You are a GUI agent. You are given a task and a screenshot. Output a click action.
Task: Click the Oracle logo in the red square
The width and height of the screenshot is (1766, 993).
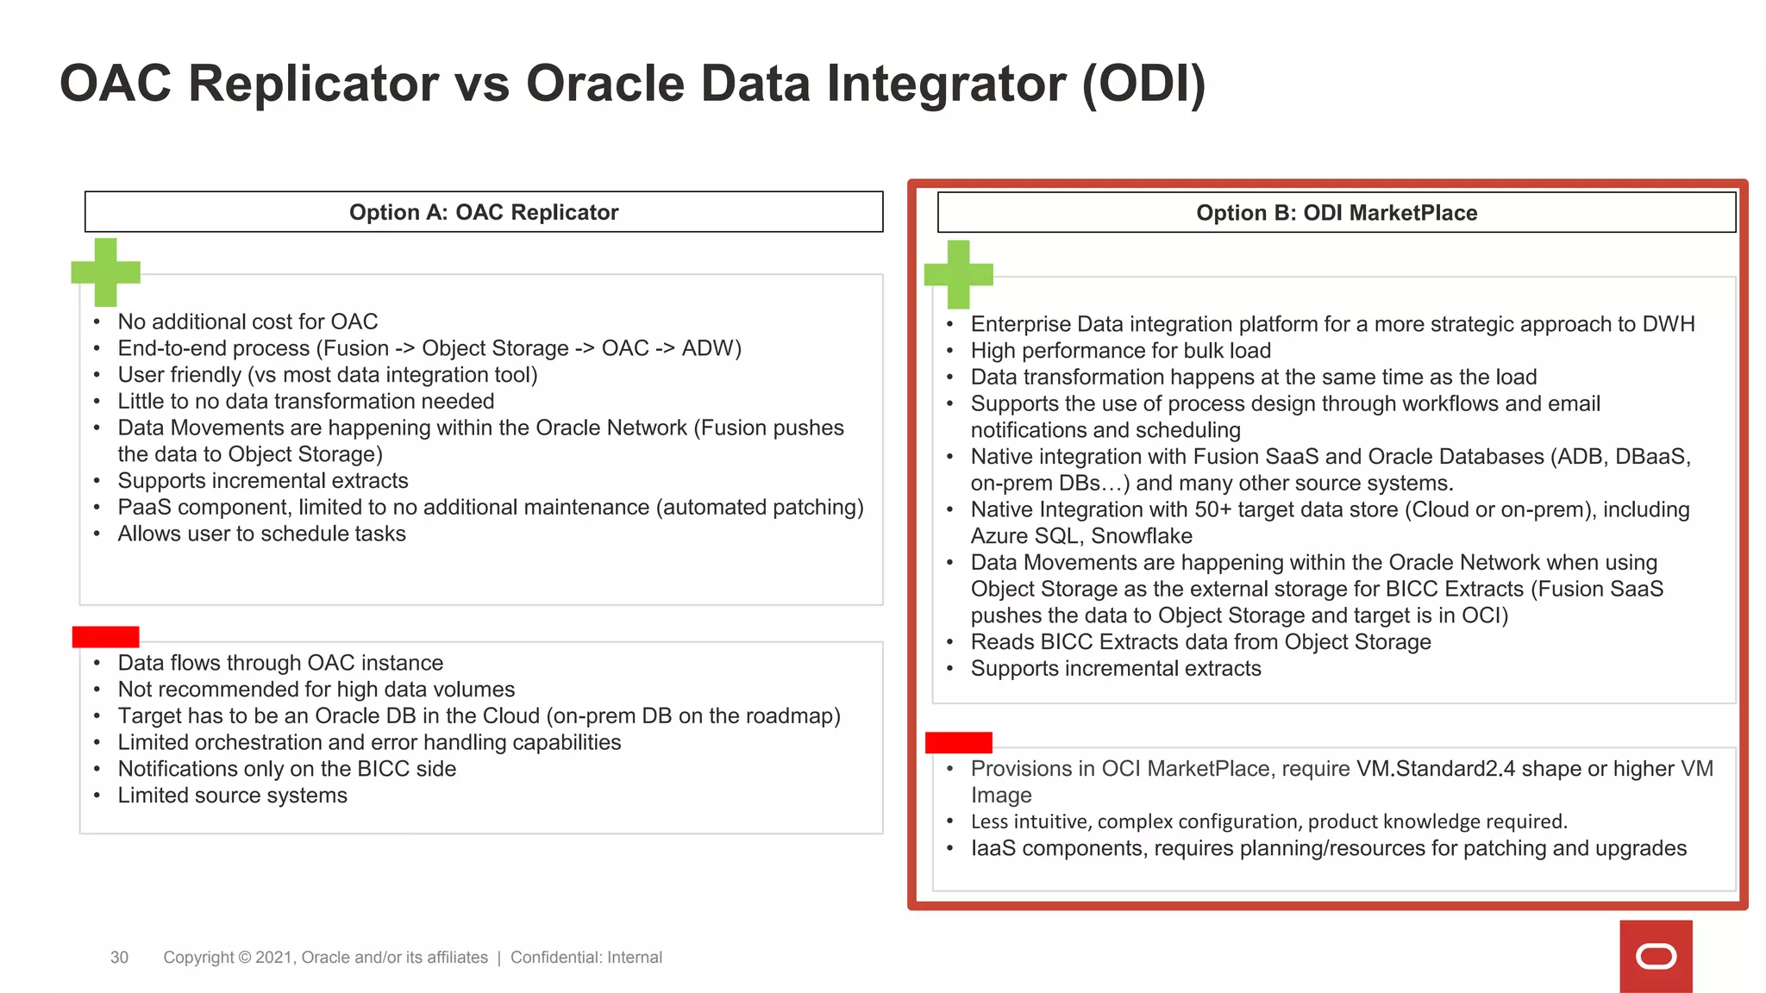(1656, 957)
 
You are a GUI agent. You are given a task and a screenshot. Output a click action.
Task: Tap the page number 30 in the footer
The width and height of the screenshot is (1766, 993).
(119, 958)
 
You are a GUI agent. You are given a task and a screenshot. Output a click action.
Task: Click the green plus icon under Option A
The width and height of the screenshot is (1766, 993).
(105, 272)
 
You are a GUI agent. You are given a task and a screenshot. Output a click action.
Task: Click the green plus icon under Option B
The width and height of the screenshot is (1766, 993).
(958, 274)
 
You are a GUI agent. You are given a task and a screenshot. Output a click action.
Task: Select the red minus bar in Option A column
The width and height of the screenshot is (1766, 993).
(105, 637)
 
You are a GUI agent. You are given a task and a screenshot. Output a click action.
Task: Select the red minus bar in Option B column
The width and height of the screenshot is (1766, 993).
(958, 742)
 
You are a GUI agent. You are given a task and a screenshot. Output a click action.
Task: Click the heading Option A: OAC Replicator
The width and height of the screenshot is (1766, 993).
(483, 212)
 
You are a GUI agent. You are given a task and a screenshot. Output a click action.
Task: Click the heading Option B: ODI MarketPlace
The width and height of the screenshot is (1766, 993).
(1336, 213)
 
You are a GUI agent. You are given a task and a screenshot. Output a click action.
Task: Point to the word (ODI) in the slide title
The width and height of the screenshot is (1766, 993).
(1143, 84)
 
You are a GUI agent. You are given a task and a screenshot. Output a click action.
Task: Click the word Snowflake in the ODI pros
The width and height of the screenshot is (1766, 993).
(1142, 536)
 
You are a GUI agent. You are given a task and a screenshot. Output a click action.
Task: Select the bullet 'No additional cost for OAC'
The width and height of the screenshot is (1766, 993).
(247, 322)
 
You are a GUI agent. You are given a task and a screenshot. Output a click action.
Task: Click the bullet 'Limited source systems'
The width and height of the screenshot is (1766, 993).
(232, 796)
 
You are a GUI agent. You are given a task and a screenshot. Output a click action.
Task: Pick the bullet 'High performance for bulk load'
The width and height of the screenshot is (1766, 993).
(1120, 351)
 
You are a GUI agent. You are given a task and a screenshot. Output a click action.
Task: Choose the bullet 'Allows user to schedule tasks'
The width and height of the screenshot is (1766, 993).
(261, 534)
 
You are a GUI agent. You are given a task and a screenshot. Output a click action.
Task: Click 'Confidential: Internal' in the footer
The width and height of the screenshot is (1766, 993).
(586, 958)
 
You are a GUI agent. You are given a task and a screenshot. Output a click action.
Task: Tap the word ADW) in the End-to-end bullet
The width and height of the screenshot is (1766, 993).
(711, 348)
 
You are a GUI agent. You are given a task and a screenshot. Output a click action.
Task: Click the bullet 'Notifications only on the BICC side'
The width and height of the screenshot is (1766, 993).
(286, 769)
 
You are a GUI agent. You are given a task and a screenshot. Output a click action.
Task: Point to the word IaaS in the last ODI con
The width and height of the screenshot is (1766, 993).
(993, 848)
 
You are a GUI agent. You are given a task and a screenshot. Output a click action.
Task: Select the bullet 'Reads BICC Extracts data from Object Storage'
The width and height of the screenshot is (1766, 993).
(1200, 642)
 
